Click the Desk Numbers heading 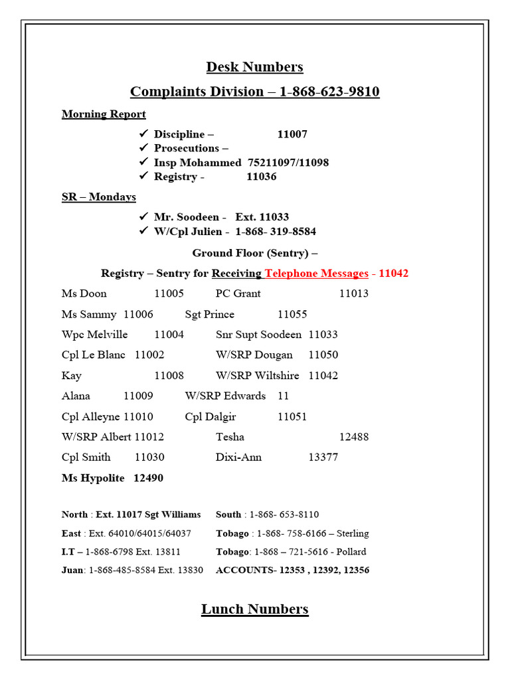point(254,67)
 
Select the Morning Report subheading point(104,114)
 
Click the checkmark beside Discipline point(143,134)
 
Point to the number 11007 point(292,134)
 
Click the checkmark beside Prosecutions point(143,148)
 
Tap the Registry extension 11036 point(261,177)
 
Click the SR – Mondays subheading point(99,197)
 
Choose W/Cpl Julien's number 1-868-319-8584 point(276,232)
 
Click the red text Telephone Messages point(316,273)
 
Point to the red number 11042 point(393,273)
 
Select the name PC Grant point(238,294)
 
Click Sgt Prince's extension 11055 point(292,314)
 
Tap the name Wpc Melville point(94,335)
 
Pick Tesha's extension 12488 point(353,437)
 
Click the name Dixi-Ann point(238,458)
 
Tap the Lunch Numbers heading point(254,609)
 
